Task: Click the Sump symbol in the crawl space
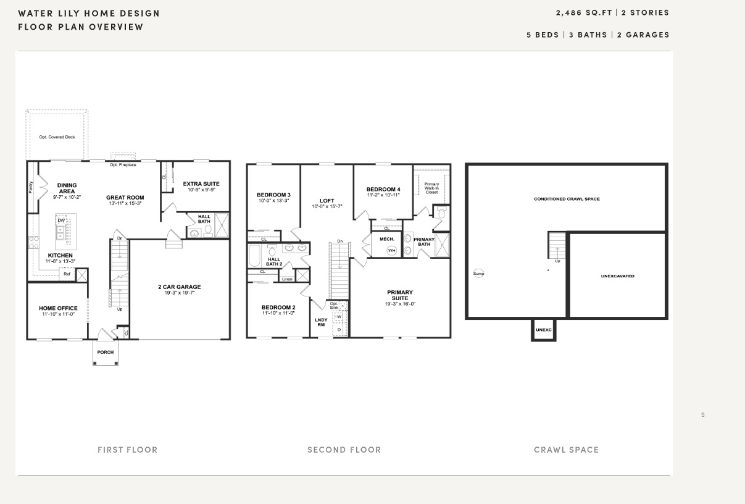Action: pyautogui.click(x=478, y=273)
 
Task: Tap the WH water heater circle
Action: pyautogui.click(x=392, y=250)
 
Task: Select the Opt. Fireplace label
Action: pyautogui.click(x=123, y=165)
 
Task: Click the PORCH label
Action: pyautogui.click(x=106, y=352)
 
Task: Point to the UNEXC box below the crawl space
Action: pyautogui.click(x=543, y=330)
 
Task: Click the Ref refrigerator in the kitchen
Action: pyautogui.click(x=67, y=274)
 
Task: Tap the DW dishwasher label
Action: pyautogui.click(x=61, y=220)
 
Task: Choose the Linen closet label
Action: pyautogui.click(x=287, y=279)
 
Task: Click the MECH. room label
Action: pyautogui.click(x=387, y=239)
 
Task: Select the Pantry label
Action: pyautogui.click(x=31, y=187)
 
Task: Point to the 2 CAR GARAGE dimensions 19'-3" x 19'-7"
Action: pyautogui.click(x=179, y=293)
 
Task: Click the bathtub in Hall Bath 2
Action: pyautogui.click(x=254, y=256)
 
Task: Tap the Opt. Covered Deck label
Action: pyautogui.click(x=57, y=137)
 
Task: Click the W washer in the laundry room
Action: pyautogui.click(x=339, y=317)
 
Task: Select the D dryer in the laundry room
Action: pyautogui.click(x=339, y=330)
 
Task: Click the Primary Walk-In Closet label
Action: pyautogui.click(x=431, y=188)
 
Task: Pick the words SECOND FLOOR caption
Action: pyautogui.click(x=344, y=450)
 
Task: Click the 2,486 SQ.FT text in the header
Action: pyautogui.click(x=584, y=12)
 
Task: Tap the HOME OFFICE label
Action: pyautogui.click(x=58, y=308)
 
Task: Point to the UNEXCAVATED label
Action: pyautogui.click(x=618, y=276)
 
